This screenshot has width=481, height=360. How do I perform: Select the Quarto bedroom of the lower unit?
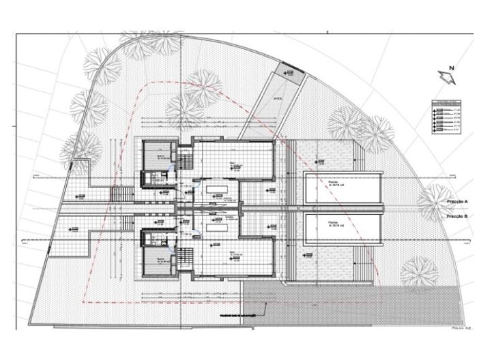pyautogui.click(x=160, y=259)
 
